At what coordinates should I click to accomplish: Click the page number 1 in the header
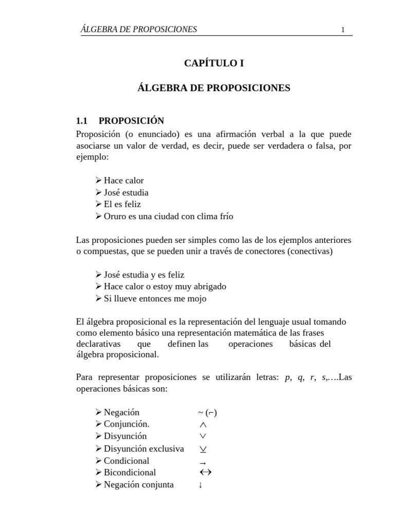click(343, 30)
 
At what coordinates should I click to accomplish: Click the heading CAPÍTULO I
click(213, 63)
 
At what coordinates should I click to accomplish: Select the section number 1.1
click(82, 121)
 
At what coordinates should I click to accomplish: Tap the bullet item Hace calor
click(123, 181)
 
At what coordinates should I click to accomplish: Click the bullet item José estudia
click(126, 192)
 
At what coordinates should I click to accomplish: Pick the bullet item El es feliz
click(122, 204)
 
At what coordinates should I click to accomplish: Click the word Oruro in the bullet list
click(115, 216)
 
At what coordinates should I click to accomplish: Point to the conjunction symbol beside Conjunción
click(202, 425)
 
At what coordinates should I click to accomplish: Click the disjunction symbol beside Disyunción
click(202, 436)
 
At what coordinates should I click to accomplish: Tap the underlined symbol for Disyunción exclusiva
click(203, 449)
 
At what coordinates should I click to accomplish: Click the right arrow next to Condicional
click(202, 463)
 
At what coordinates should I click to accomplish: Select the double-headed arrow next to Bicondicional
click(205, 472)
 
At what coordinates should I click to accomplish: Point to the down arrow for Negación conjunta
click(200, 485)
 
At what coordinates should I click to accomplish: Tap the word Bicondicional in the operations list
click(130, 472)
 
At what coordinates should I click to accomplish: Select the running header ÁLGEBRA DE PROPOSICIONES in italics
click(139, 29)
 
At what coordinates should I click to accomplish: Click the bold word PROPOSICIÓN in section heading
click(131, 121)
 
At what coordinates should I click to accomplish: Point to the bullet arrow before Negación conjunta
click(99, 485)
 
